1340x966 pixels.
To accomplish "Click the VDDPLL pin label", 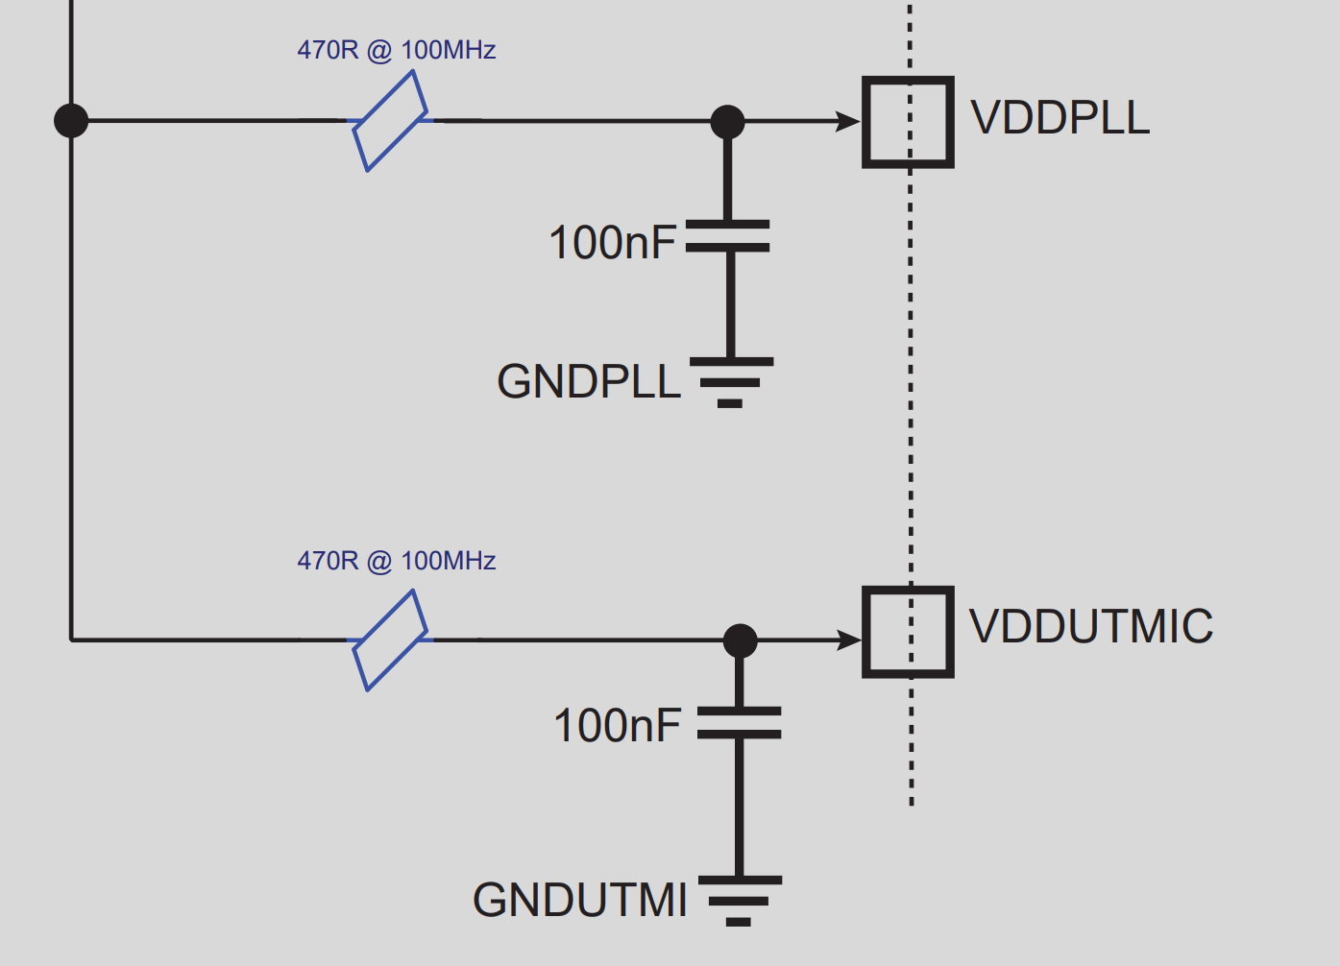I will click(x=1060, y=118).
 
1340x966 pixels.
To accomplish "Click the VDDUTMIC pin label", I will click(x=1091, y=626).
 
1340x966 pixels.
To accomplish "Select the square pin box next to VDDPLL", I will click(x=908, y=122).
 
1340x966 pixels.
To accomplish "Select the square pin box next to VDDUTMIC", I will click(x=908, y=632).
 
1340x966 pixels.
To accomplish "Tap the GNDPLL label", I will click(x=588, y=382).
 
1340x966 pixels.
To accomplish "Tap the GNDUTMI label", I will click(x=579, y=901).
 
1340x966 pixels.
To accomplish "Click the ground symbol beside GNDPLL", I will click(x=730, y=382).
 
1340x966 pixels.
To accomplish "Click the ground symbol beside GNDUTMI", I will click(x=739, y=900).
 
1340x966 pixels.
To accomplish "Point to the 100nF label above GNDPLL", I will click(x=612, y=243).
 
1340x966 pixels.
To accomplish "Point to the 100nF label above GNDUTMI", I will click(x=617, y=726).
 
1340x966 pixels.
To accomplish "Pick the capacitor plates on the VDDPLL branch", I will click(x=728, y=236).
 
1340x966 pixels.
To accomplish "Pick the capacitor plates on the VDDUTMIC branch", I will click(x=739, y=723).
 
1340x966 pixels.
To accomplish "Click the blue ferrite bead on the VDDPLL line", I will click(x=390, y=122).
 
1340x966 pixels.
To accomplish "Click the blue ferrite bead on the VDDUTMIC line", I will click(x=390, y=640).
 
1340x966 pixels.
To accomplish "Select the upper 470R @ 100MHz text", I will click(x=396, y=50).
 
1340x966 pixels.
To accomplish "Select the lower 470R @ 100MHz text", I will click(x=396, y=561).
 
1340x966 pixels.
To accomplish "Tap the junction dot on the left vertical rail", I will click(x=71, y=121).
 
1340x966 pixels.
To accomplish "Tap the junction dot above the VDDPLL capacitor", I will click(x=727, y=122).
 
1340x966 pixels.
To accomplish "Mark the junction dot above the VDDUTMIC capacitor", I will click(x=740, y=640).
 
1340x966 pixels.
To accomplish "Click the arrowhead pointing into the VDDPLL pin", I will click(x=848, y=122).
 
